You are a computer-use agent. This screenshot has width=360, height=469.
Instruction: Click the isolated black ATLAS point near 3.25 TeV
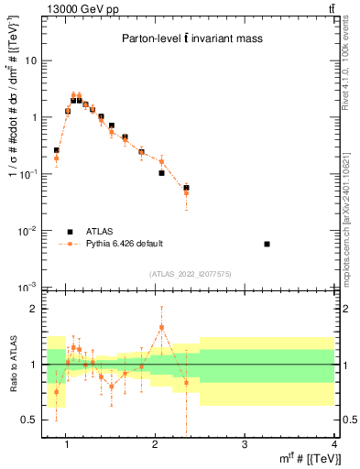click(267, 244)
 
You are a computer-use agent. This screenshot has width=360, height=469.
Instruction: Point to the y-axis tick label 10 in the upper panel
click(31, 60)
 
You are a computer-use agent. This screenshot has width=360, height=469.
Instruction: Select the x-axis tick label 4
click(333, 445)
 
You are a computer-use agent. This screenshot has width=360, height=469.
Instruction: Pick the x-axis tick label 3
click(245, 445)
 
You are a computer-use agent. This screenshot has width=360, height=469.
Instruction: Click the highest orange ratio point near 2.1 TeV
click(161, 327)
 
